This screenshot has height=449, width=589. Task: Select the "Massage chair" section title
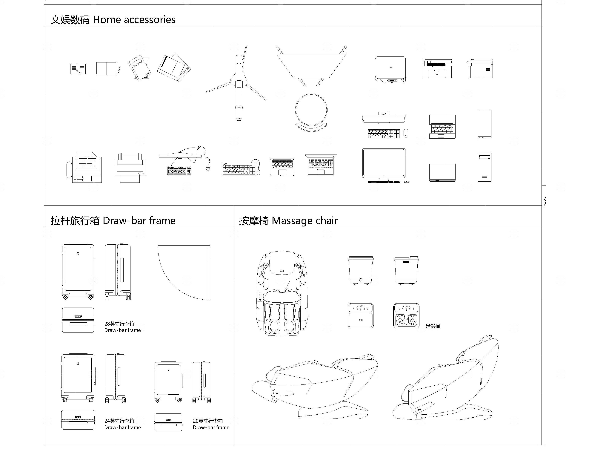[305, 221]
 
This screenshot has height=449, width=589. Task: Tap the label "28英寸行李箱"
[119, 324]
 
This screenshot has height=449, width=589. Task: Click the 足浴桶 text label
[433, 326]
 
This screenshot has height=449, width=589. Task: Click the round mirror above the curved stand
[311, 110]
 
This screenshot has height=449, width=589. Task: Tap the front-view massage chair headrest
[282, 263]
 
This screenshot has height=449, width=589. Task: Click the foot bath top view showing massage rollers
[406, 316]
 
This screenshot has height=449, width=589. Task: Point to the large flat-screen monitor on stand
[384, 164]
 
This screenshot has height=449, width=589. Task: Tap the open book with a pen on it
[78, 69]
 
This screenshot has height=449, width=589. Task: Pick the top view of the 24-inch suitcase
[78, 420]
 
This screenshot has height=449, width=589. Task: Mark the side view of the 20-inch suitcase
[201, 382]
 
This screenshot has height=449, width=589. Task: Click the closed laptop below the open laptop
[442, 172]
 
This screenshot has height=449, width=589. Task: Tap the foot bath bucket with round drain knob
[361, 270]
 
